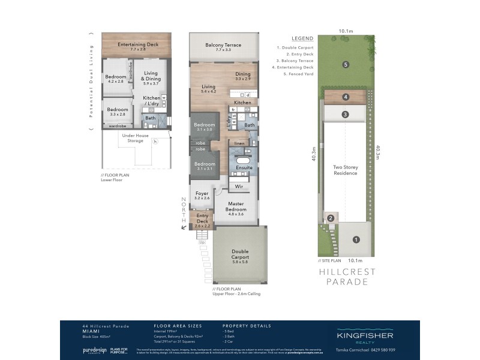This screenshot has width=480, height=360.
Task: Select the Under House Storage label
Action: pos(136,138)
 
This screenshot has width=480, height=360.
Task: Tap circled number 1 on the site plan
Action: pos(356,240)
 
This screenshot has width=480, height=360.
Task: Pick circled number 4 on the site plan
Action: pos(346,98)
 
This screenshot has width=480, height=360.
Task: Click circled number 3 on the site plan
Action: pos(346,114)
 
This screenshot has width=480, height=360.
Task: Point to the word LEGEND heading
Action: pos(302,38)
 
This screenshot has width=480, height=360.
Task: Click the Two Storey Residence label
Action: pos(346,170)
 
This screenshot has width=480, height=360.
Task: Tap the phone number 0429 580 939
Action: pos(394,350)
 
